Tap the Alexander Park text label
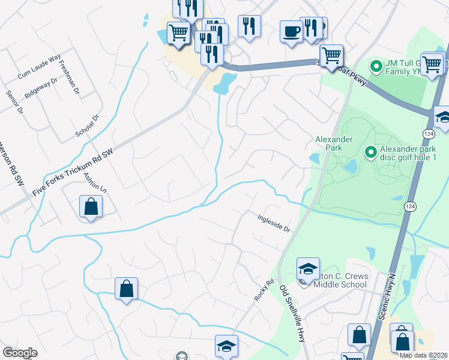(333, 143)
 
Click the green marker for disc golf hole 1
(371, 153)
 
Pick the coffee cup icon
(292, 31)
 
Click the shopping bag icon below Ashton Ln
(91, 206)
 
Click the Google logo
(20, 353)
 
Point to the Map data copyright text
(423, 355)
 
